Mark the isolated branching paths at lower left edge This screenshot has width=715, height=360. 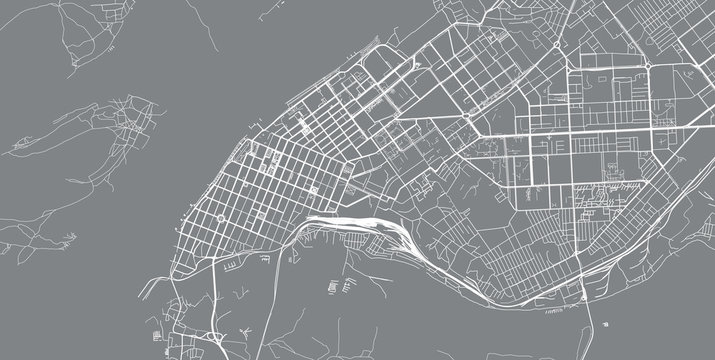coord(61,241)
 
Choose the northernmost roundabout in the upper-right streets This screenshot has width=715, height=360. coord(556,47)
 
